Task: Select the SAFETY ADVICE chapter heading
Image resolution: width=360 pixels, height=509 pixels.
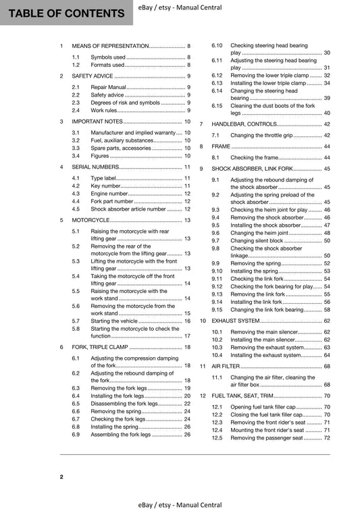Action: [x=97, y=76]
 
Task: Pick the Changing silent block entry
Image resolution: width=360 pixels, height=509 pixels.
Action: [x=257, y=240]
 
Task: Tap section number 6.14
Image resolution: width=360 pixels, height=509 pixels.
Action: [x=217, y=90]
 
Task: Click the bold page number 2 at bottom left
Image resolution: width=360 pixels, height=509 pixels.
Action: [x=61, y=477]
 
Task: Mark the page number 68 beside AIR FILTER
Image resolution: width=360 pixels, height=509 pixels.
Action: [x=327, y=365]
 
